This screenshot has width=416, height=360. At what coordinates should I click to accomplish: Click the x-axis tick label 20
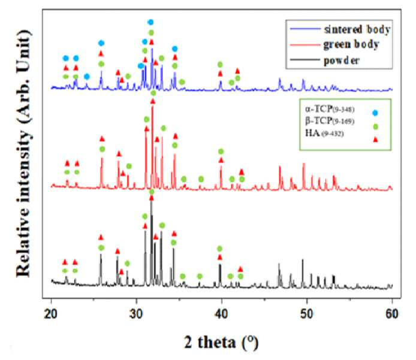click(51, 314)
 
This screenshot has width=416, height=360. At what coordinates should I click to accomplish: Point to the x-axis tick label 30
click(136, 314)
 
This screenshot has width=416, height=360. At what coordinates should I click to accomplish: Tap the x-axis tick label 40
click(222, 314)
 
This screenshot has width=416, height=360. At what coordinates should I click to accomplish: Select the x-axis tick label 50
click(307, 314)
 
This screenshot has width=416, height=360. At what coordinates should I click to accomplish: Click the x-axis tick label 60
click(392, 314)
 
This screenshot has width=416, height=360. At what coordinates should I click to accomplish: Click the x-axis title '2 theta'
click(210, 342)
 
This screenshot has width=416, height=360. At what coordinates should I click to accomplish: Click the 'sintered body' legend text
click(357, 29)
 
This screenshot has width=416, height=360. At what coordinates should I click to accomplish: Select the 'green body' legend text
click(351, 44)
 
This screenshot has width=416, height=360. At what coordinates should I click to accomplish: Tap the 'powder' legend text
click(342, 60)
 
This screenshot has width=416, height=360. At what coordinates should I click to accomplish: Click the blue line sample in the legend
click(305, 29)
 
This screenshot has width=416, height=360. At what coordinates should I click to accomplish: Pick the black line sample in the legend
click(305, 60)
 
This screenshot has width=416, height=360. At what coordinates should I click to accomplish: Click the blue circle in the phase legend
click(375, 113)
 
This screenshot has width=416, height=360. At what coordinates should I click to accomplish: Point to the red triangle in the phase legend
click(375, 139)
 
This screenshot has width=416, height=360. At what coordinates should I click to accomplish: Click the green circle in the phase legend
click(375, 127)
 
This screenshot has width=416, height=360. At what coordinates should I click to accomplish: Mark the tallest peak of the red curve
click(152, 105)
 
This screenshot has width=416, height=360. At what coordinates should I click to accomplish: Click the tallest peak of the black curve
click(151, 202)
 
